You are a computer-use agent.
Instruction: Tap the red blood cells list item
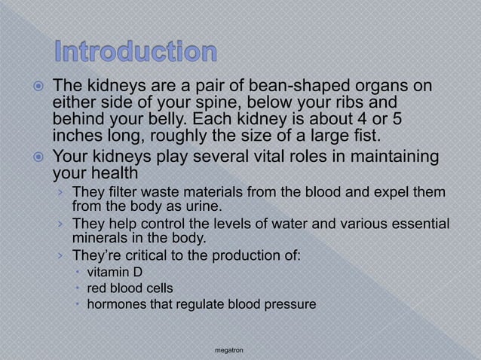click(130, 288)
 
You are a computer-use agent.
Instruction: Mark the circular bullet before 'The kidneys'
click(37, 87)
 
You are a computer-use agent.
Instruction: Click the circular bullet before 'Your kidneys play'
click(37, 157)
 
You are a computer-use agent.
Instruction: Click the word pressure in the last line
click(293, 304)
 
